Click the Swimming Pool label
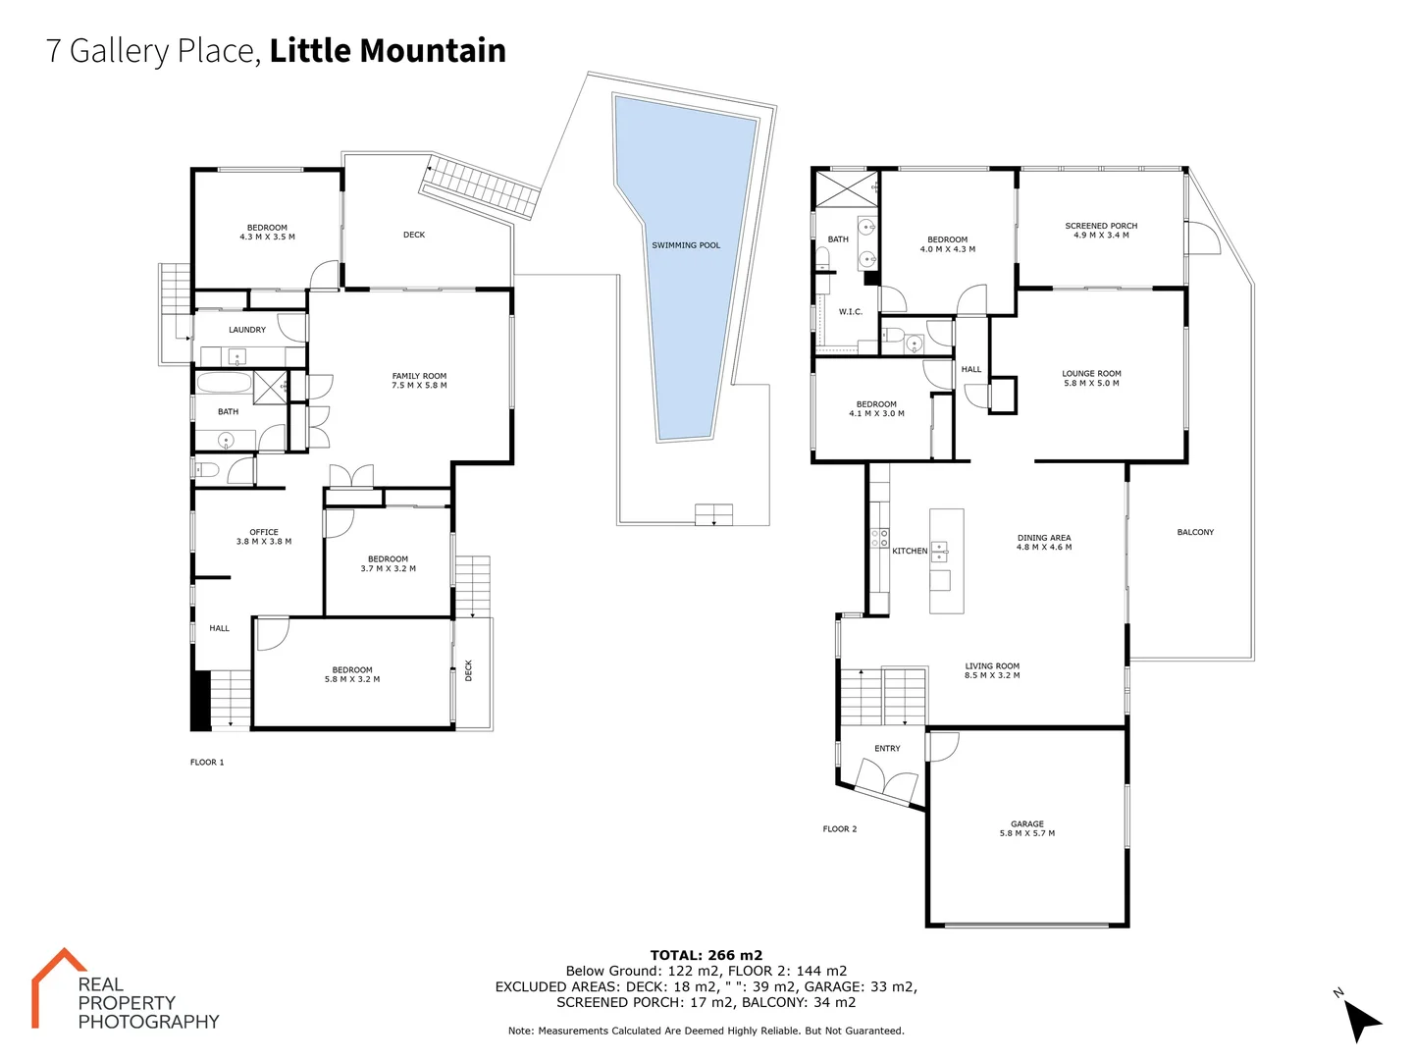(x=686, y=245)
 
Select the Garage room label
(x=1027, y=828)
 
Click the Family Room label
(x=419, y=381)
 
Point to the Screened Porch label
(x=1101, y=231)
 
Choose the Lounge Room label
(x=1091, y=378)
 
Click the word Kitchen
(x=910, y=551)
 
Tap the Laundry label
(x=247, y=330)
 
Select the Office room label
(x=264, y=537)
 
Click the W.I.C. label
(x=851, y=312)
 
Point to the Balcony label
(x=1195, y=532)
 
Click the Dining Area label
(x=1044, y=542)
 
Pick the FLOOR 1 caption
(x=207, y=762)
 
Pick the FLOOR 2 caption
(x=840, y=829)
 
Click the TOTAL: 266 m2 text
(x=706, y=955)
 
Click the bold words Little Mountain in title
(x=388, y=50)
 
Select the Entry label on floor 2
(x=887, y=748)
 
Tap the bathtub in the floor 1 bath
(x=224, y=383)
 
